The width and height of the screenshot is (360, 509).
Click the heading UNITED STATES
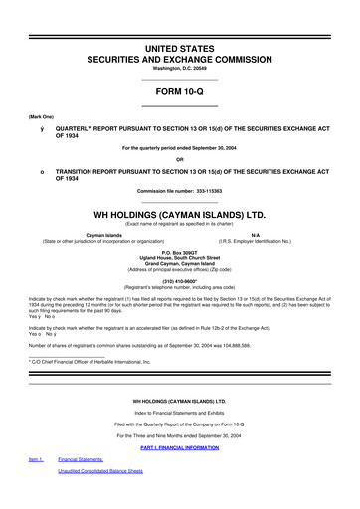tap(180, 47)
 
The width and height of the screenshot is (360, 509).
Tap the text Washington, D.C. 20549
tap(180, 69)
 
